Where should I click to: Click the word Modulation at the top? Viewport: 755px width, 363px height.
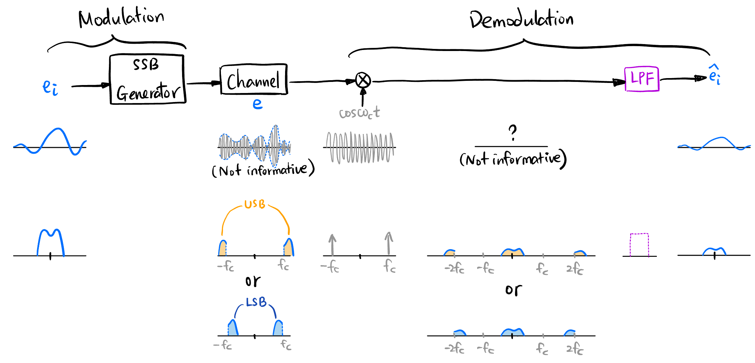121,18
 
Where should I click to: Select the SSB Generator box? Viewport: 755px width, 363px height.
147,79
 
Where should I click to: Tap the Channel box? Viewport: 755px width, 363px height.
254,79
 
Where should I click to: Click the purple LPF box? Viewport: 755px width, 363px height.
642,79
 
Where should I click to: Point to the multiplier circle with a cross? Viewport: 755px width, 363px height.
363,81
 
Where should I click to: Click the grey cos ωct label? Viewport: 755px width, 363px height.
359,113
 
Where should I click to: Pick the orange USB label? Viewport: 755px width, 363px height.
255,204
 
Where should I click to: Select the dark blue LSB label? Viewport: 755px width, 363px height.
256,302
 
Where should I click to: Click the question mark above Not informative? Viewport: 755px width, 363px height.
513,132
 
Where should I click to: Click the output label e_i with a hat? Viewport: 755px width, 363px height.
714,75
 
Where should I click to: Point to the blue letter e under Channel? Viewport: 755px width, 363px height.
257,103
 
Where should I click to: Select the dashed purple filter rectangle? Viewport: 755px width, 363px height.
639,245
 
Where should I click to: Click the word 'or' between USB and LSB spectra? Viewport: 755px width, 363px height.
253,281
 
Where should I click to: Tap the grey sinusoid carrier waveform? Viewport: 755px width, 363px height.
360,147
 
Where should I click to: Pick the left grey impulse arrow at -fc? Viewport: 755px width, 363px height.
332,245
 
